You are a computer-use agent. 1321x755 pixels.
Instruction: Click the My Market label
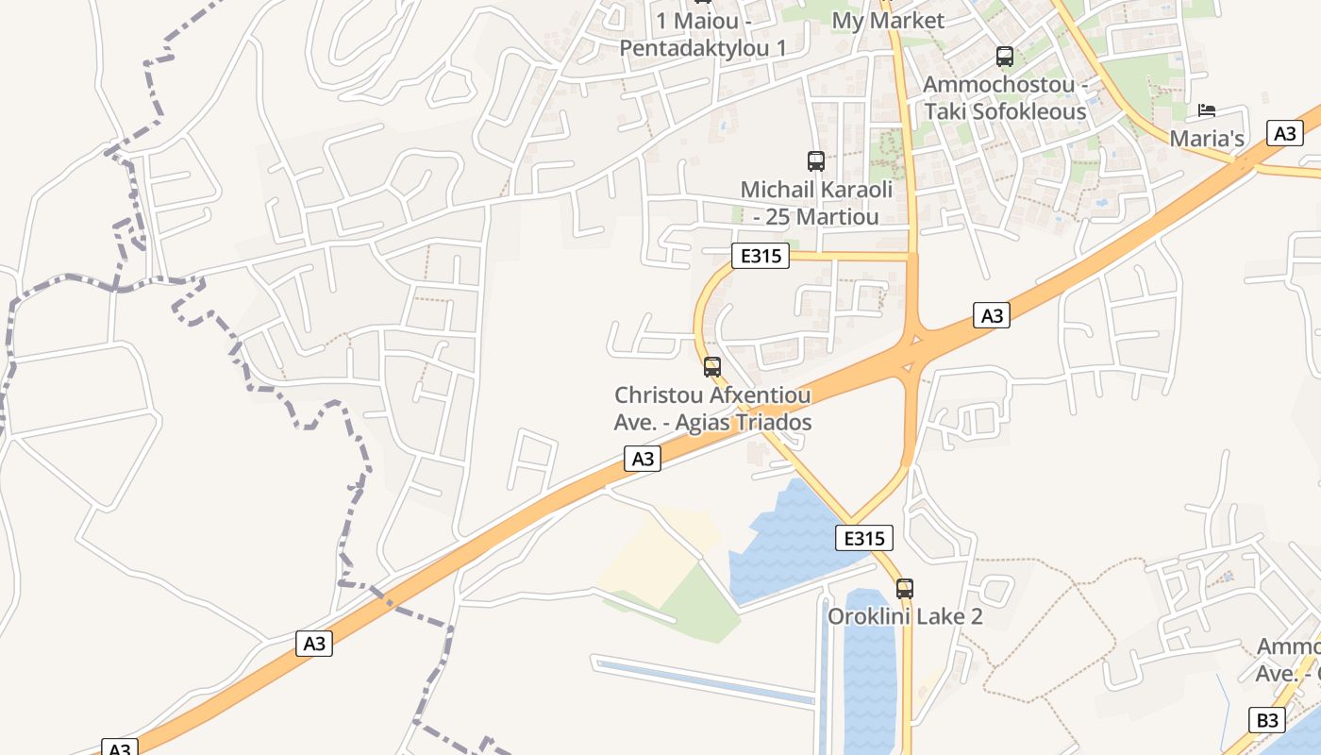click(x=887, y=21)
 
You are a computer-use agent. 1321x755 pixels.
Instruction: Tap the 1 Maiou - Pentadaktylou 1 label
click(x=702, y=34)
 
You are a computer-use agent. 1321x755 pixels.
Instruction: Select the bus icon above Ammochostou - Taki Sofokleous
click(x=1005, y=57)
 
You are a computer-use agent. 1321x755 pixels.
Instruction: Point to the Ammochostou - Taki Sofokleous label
click(x=1004, y=98)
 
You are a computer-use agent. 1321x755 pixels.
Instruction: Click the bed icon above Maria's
click(x=1206, y=110)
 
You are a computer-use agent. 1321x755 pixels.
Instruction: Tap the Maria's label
click(x=1207, y=139)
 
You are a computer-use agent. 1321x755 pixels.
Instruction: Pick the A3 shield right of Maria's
click(x=1285, y=133)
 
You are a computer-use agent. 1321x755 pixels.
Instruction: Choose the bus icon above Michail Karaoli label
click(x=816, y=161)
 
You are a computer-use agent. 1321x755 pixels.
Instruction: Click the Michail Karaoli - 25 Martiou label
click(x=816, y=203)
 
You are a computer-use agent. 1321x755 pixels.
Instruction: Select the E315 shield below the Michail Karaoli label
click(x=760, y=256)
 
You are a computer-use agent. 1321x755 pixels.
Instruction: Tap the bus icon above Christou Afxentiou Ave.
click(x=712, y=367)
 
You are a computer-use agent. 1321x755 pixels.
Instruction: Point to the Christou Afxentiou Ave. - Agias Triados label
click(x=712, y=409)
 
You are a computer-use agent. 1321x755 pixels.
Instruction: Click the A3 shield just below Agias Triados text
click(x=642, y=459)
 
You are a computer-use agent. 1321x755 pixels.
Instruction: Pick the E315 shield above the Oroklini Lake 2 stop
click(x=863, y=538)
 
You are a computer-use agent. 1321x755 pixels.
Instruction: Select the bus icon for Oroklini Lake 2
click(x=905, y=589)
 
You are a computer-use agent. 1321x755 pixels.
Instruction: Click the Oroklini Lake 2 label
click(x=905, y=617)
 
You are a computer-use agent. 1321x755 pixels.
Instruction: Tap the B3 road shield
click(x=1266, y=720)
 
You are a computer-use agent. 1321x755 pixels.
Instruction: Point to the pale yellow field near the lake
click(x=651, y=557)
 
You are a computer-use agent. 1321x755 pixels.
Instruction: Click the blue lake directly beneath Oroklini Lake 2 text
click(x=868, y=679)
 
